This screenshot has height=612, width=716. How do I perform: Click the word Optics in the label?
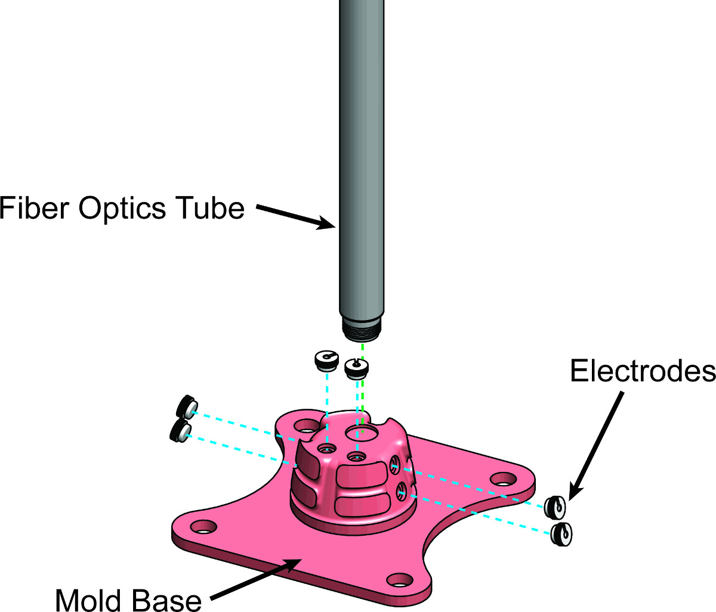[x=122, y=209]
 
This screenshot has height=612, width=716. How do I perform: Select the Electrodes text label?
[x=643, y=371]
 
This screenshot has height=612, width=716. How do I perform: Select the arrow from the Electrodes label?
[x=596, y=446]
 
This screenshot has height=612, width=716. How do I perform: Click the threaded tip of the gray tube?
[x=362, y=330]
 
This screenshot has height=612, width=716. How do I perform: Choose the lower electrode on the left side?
[x=180, y=430]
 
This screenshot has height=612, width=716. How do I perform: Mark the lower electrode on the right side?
[x=561, y=534]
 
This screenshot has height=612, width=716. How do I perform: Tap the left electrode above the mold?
[x=326, y=361]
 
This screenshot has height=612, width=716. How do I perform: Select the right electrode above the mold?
[x=357, y=369]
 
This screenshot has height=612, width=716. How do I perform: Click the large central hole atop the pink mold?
[x=361, y=433]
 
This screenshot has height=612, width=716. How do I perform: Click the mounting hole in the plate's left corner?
[x=203, y=527]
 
